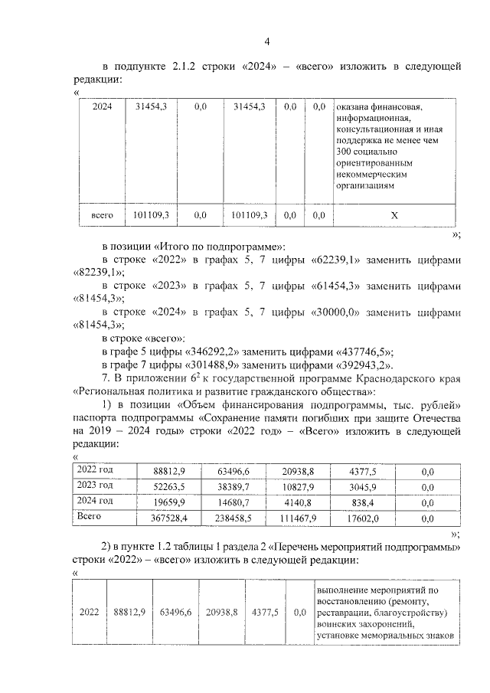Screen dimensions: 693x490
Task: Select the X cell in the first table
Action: [x=394, y=216]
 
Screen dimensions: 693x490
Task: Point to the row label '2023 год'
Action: [x=96, y=486]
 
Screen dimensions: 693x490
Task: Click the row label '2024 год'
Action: [x=96, y=502]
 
